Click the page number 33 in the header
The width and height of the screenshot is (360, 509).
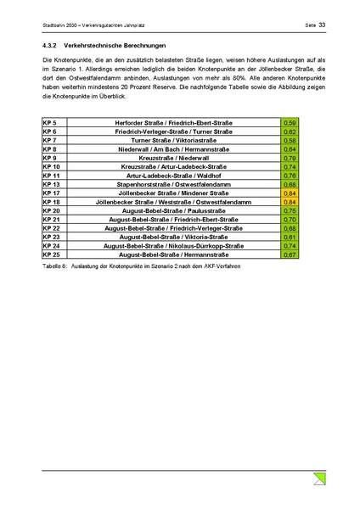pyautogui.click(x=323, y=25)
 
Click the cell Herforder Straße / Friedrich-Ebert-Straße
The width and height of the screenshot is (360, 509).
pyautogui.click(x=174, y=124)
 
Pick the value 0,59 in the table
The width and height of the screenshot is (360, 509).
pyautogui.click(x=290, y=124)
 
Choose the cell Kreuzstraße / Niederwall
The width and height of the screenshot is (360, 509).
pyautogui.click(x=174, y=159)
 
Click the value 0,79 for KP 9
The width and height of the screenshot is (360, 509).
pyautogui.click(x=290, y=159)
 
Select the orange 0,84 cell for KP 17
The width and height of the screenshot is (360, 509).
pyautogui.click(x=290, y=193)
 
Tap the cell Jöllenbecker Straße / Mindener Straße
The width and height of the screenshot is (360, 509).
pyautogui.click(x=174, y=193)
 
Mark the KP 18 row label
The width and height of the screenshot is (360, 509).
pyautogui.click(x=51, y=203)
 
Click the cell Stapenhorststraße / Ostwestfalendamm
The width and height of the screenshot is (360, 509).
pyautogui.click(x=174, y=185)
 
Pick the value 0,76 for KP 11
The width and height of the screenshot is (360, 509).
pyautogui.click(x=290, y=176)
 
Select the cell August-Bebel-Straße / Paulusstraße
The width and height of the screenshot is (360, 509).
pyautogui.click(x=174, y=211)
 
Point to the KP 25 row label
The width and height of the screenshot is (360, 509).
pyautogui.click(x=51, y=255)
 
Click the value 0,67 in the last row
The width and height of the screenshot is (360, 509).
pyautogui.click(x=290, y=255)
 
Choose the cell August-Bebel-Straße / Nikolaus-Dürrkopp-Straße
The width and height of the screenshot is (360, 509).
pyautogui.click(x=174, y=246)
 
